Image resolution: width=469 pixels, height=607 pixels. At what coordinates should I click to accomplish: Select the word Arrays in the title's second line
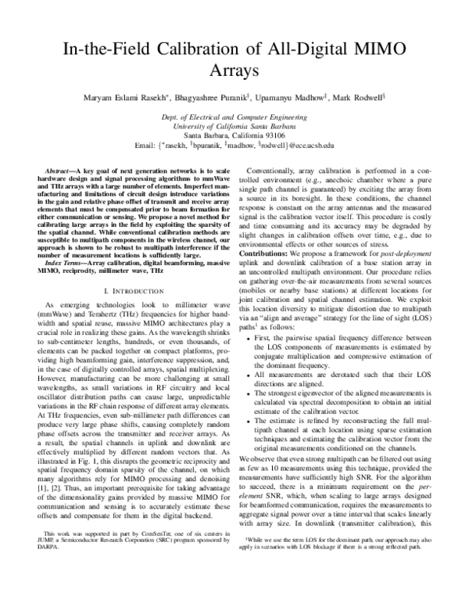coord(234,72)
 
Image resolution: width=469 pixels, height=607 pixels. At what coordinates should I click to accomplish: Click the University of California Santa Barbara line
coord(234,125)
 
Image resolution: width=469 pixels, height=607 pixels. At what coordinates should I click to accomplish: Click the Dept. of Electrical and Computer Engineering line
coord(234,116)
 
